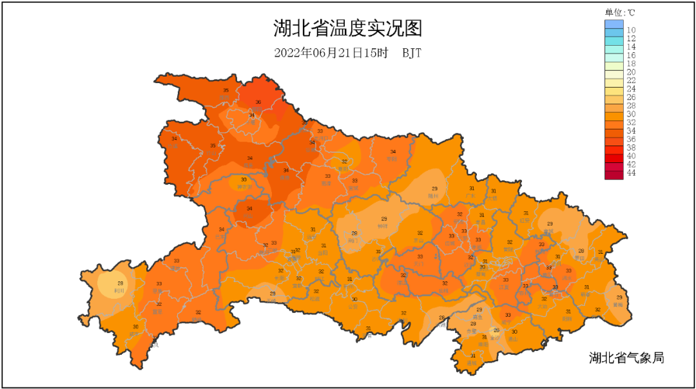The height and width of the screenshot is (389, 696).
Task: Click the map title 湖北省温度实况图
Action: [347, 29]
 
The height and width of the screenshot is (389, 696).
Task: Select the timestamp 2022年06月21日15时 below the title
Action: [331, 53]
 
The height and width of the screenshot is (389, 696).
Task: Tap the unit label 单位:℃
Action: [619, 12]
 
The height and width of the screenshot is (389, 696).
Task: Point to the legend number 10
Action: [632, 30]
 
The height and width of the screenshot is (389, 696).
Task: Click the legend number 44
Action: [632, 173]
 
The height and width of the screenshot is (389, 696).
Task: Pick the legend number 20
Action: [632, 72]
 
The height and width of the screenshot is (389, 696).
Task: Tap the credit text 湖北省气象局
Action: [626, 357]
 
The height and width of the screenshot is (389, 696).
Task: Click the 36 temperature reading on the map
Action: [258, 102]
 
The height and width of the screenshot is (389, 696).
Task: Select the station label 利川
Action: [119, 290]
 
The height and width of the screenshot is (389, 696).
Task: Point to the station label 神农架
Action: [244, 187]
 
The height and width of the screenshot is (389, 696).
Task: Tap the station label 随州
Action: [434, 196]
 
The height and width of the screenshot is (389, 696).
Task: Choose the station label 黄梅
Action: [618, 304]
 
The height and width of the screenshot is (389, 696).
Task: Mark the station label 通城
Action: [473, 363]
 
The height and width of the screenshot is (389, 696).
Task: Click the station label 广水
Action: [470, 195]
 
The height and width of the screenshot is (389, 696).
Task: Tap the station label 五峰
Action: [272, 300]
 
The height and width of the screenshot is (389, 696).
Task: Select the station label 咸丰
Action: [134, 334]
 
